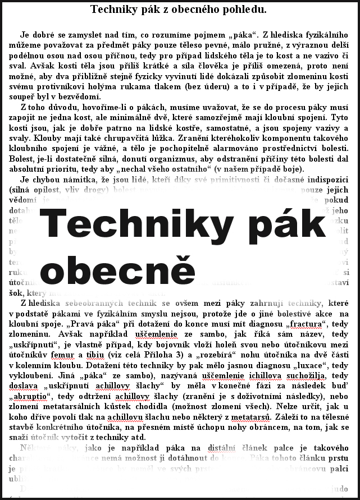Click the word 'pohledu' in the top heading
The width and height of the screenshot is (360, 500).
pyautogui.click(x=244, y=9)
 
